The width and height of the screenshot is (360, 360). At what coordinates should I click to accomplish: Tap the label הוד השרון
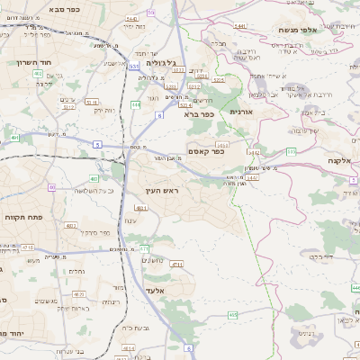click(36, 62)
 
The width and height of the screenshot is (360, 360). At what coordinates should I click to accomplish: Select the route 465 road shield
click(233, 314)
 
